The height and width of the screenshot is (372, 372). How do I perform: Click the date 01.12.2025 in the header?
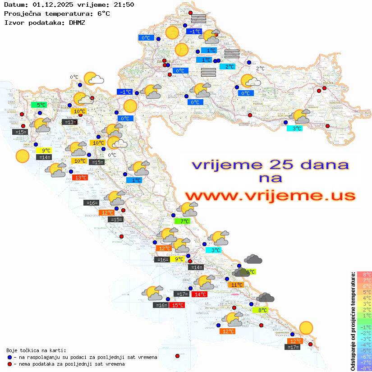tap(48, 5)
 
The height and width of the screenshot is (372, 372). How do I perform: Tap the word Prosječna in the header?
tap(22, 14)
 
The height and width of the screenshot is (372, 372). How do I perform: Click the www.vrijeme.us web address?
tap(270, 196)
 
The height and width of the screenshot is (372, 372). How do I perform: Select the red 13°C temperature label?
tap(80, 178)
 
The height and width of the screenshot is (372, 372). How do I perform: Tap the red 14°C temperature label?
tap(199, 294)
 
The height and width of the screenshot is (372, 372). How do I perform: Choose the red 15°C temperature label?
tap(177, 305)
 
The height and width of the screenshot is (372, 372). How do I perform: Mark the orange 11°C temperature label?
tap(237, 285)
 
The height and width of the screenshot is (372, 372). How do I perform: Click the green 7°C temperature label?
tap(184, 221)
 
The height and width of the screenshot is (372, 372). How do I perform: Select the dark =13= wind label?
tap(69, 122)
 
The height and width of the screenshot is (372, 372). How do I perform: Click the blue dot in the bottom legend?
tap(9, 357)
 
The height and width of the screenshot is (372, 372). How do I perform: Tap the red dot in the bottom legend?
tap(9, 364)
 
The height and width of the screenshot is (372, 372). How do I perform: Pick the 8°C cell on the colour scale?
tap(364, 275)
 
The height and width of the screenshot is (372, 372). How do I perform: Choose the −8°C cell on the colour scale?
tap(364, 368)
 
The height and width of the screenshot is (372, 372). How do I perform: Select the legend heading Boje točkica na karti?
tap(36, 350)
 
